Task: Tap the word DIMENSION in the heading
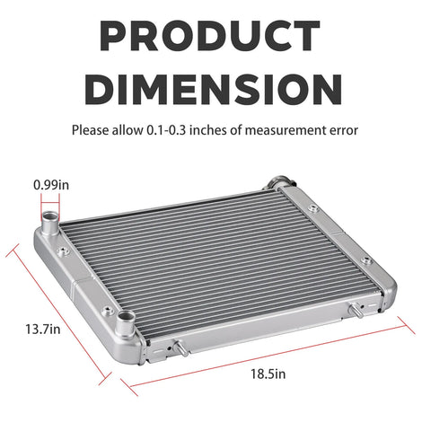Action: coord(214,90)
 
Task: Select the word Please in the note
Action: coord(91,130)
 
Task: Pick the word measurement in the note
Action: coord(284,130)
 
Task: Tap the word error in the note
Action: coord(342,131)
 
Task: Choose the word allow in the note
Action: coord(128,130)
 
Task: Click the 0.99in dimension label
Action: coord(51,185)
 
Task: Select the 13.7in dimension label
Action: coord(43,330)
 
